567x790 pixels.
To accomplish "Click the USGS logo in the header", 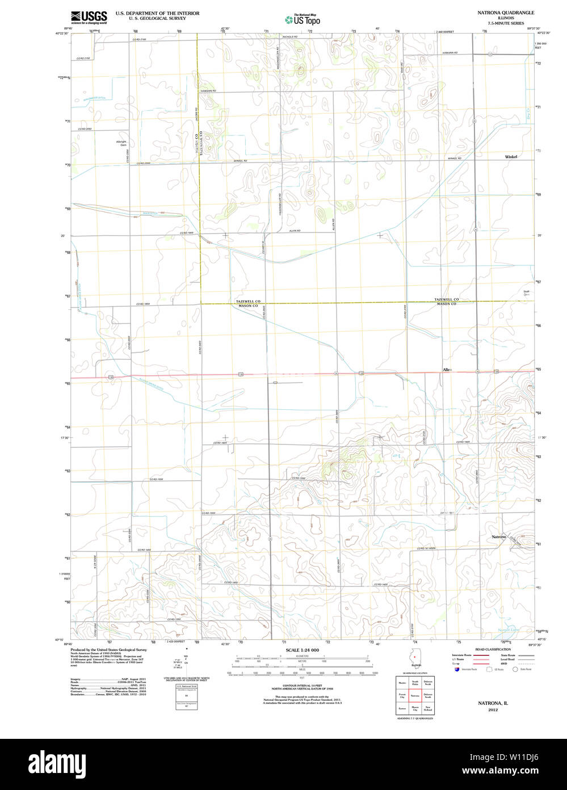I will coord(89,17).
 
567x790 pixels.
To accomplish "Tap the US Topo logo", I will coord(303,19).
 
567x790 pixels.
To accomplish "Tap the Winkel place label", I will coord(511,156).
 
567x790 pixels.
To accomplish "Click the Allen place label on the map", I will coord(447,370).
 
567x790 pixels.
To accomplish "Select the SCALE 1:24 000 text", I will coord(302,650).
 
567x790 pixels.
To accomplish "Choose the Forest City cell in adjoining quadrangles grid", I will coord(402,695).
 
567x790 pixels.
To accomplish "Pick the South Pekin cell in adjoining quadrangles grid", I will coord(415,683).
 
